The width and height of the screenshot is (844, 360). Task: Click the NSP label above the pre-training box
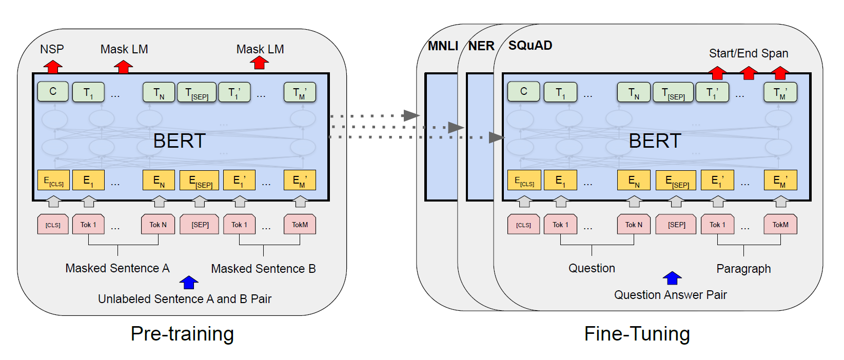(52, 49)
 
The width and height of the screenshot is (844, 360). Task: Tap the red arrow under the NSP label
(52, 67)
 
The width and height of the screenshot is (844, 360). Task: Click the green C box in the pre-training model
(53, 92)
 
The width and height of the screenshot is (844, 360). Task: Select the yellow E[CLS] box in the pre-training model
(53, 181)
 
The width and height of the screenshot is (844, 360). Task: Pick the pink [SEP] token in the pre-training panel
(200, 225)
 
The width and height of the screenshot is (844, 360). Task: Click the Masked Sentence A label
(117, 268)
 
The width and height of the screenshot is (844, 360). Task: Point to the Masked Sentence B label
(263, 269)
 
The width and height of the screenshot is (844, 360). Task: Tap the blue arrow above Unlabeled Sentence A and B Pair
(189, 282)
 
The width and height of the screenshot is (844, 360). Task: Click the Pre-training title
(182, 334)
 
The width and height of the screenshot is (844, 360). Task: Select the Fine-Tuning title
(637, 334)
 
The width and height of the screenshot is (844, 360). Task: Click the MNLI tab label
(443, 46)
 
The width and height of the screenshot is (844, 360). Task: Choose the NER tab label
(481, 46)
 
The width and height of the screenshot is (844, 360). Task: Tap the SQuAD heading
(530, 46)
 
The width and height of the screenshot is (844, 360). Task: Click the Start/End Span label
(748, 53)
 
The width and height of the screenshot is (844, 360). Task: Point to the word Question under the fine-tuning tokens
(592, 268)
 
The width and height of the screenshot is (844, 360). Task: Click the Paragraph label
(743, 269)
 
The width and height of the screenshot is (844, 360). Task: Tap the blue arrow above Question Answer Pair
(672, 278)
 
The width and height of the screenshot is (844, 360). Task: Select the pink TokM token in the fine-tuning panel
(780, 225)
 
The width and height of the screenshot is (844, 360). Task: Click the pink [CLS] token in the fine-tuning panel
(523, 225)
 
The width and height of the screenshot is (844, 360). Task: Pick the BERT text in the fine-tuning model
(655, 141)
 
